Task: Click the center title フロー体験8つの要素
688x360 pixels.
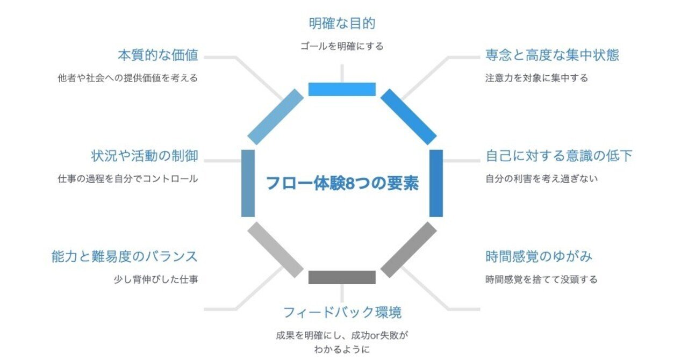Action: [342, 183]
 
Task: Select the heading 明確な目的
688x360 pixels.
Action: [342, 24]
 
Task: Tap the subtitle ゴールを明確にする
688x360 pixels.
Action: [342, 46]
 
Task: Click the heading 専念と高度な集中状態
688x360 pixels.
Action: [552, 55]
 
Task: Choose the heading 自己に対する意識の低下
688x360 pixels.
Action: [559, 156]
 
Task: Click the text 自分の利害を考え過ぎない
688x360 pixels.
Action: [541, 178]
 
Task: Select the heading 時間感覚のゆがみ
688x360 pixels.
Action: [539, 256]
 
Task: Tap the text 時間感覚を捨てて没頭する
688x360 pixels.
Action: [541, 279]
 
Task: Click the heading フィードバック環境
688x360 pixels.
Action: [342, 312]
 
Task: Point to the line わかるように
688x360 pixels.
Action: [342, 349]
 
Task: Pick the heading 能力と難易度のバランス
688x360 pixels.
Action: [125, 256]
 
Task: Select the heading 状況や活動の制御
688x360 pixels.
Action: [145, 156]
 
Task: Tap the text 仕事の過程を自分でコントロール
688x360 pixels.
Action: [127, 178]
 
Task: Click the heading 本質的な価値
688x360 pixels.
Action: [158, 55]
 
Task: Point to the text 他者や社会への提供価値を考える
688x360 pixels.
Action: [127, 78]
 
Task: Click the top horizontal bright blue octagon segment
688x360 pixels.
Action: [342, 89]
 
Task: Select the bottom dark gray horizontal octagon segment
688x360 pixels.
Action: [342, 277]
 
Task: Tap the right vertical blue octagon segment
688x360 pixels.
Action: [436, 183]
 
